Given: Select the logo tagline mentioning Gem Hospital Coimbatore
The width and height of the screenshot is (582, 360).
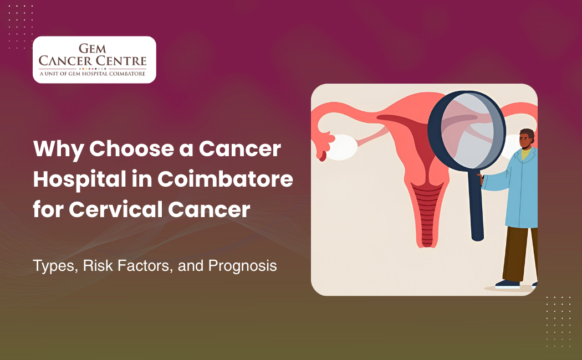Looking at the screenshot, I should click(94, 73).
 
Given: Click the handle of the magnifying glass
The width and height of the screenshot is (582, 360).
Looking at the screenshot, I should click(475, 205).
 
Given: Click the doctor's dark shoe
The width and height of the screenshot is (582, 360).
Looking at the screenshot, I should click(507, 284).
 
